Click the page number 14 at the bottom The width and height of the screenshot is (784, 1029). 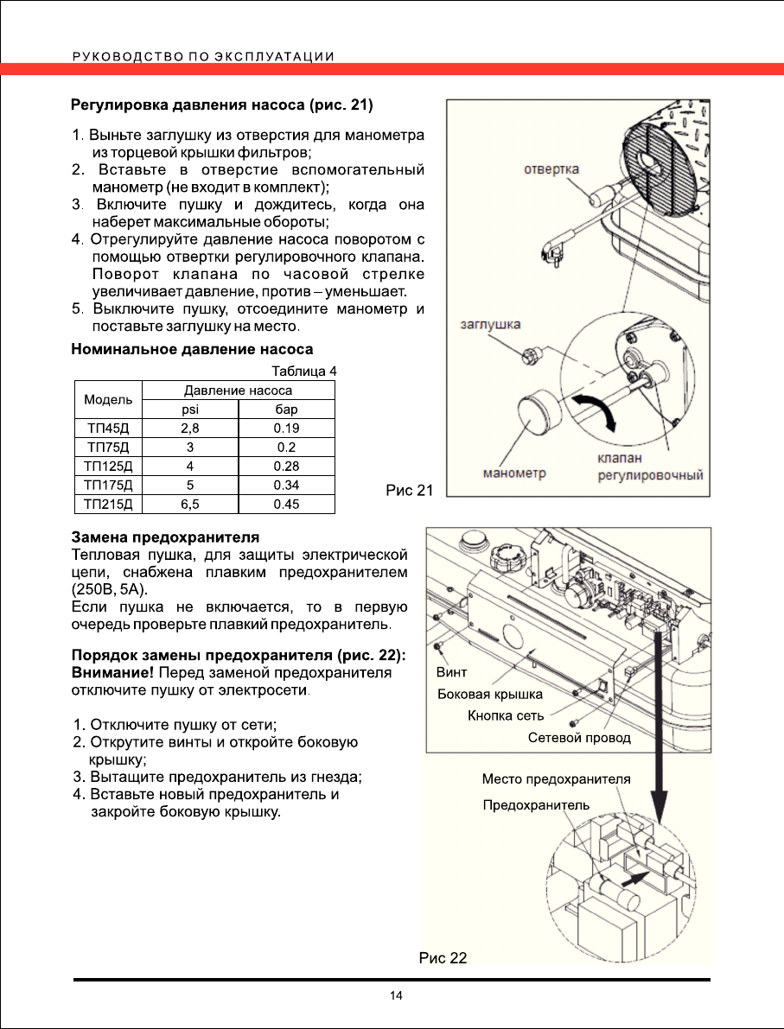[x=396, y=996]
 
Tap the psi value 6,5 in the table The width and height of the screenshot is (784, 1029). [x=189, y=504]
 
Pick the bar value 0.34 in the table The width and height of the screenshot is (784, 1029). [x=285, y=486]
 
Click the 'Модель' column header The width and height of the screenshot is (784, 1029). [x=107, y=400]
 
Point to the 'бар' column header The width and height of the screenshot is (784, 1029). [x=285, y=410]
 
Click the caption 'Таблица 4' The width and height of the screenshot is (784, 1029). [x=303, y=372]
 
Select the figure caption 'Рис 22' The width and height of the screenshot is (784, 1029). [x=443, y=957]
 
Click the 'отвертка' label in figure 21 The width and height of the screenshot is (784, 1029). [x=551, y=169]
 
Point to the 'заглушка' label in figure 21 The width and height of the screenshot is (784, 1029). [x=488, y=325]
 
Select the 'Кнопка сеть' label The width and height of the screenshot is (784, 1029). [x=506, y=715]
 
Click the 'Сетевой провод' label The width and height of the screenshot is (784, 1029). [x=579, y=738]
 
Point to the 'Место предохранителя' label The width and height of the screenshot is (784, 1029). [x=556, y=778]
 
